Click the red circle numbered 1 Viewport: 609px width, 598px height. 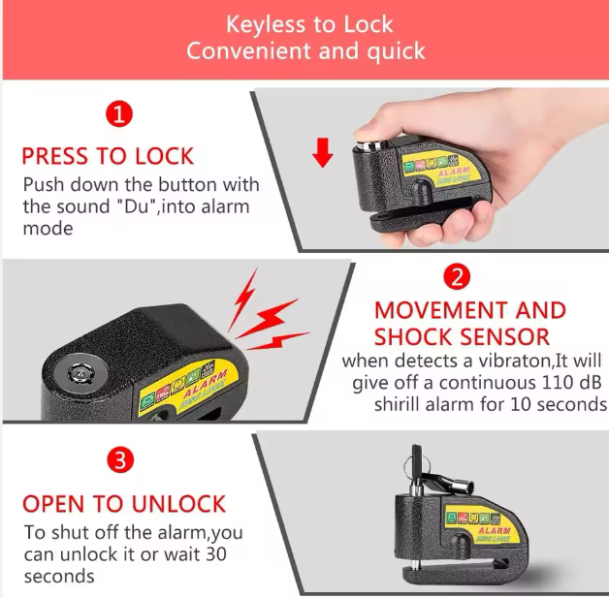pyautogui.click(x=118, y=116)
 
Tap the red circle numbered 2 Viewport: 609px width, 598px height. pyautogui.click(x=457, y=277)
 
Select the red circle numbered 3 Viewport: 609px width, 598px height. pyautogui.click(x=118, y=461)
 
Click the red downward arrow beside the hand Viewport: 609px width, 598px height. pyautogui.click(x=324, y=151)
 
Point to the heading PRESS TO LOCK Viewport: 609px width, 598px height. pyautogui.click(x=108, y=156)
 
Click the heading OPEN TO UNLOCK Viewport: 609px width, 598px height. pyautogui.click(x=124, y=504)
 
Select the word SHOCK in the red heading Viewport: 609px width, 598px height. pyautogui.click(x=421, y=337)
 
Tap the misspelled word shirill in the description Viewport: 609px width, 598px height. pyautogui.click(x=403, y=403)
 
